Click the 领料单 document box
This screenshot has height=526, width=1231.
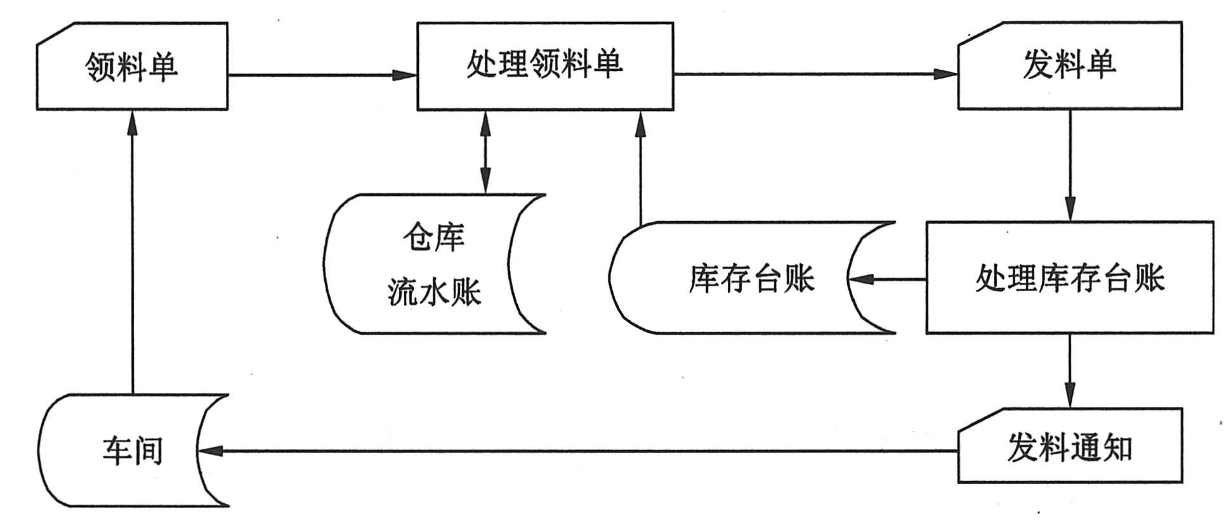pyautogui.click(x=132, y=67)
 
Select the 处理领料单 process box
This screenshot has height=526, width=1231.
pyautogui.click(x=545, y=66)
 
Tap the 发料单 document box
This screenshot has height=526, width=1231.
pyautogui.click(x=1070, y=66)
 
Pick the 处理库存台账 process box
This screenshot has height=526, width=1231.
pyautogui.click(x=1070, y=278)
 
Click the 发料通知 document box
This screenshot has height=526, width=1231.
pyautogui.click(x=1070, y=446)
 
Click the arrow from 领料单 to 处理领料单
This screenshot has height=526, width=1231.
pyautogui.click(x=322, y=75)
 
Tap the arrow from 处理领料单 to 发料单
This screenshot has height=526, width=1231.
pyautogui.click(x=815, y=75)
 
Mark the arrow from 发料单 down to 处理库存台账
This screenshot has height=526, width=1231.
pyautogui.click(x=1070, y=165)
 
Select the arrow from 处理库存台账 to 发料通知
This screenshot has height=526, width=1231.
pyautogui.click(x=1070, y=370)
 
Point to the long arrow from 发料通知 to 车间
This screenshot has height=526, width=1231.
pyautogui.click(x=577, y=451)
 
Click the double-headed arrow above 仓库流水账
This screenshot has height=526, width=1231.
pyautogui.click(x=485, y=152)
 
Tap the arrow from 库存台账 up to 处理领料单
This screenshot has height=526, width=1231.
pyautogui.click(x=640, y=167)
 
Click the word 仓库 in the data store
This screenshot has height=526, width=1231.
pyautogui.click(x=434, y=238)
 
